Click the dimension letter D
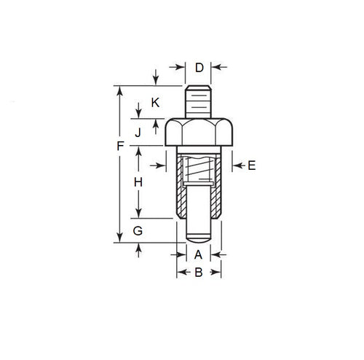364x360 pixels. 199,69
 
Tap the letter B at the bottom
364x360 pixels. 199,274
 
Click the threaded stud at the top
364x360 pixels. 199,101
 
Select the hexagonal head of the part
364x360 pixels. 199,133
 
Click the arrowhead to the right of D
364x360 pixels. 215,69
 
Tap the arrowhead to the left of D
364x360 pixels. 182,69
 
